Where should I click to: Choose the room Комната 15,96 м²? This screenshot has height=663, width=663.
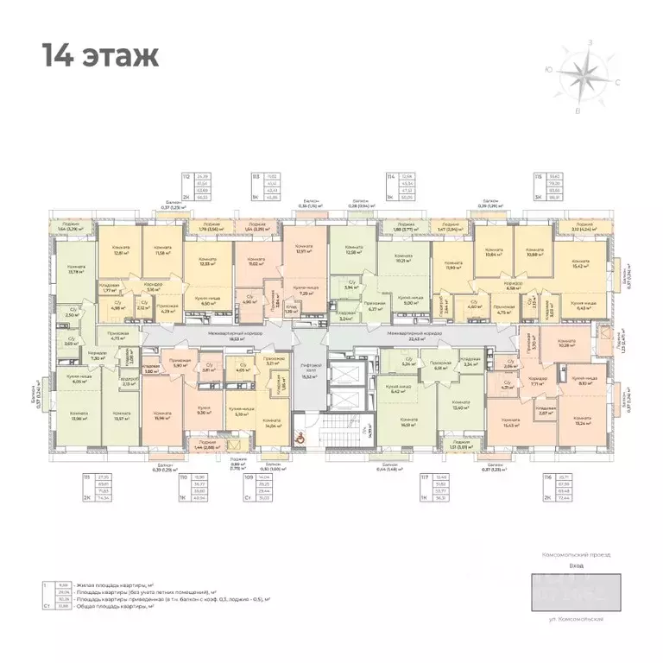coord(163,416)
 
